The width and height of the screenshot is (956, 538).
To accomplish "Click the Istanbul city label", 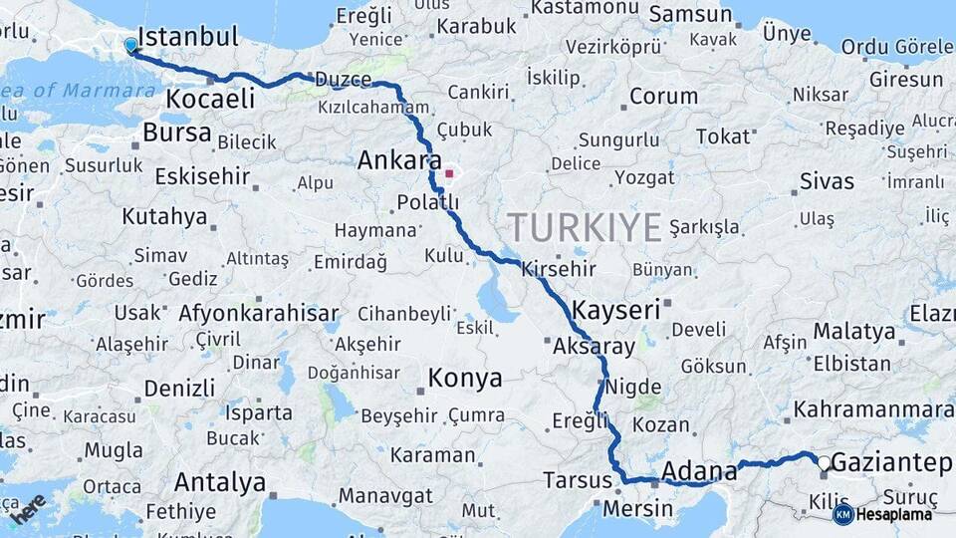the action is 188,38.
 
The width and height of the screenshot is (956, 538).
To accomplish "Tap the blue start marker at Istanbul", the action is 131,46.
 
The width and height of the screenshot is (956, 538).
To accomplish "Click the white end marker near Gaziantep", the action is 823,462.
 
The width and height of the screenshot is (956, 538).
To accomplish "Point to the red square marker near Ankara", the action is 450,174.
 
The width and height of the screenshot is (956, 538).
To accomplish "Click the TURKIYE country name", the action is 585,228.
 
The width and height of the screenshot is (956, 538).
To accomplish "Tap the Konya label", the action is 465,379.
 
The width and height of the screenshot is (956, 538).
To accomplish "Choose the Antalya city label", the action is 220,483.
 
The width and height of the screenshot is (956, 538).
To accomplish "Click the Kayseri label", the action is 616,310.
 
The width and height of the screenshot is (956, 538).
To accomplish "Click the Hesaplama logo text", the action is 893,515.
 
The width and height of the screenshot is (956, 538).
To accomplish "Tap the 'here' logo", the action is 28,508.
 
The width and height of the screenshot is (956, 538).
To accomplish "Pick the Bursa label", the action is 177,133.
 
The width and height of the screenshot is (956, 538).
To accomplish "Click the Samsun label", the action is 689,15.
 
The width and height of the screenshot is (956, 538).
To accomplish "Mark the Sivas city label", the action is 827,181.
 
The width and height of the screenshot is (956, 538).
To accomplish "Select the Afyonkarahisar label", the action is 259,313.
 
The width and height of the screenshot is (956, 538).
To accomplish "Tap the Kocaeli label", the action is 210,99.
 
